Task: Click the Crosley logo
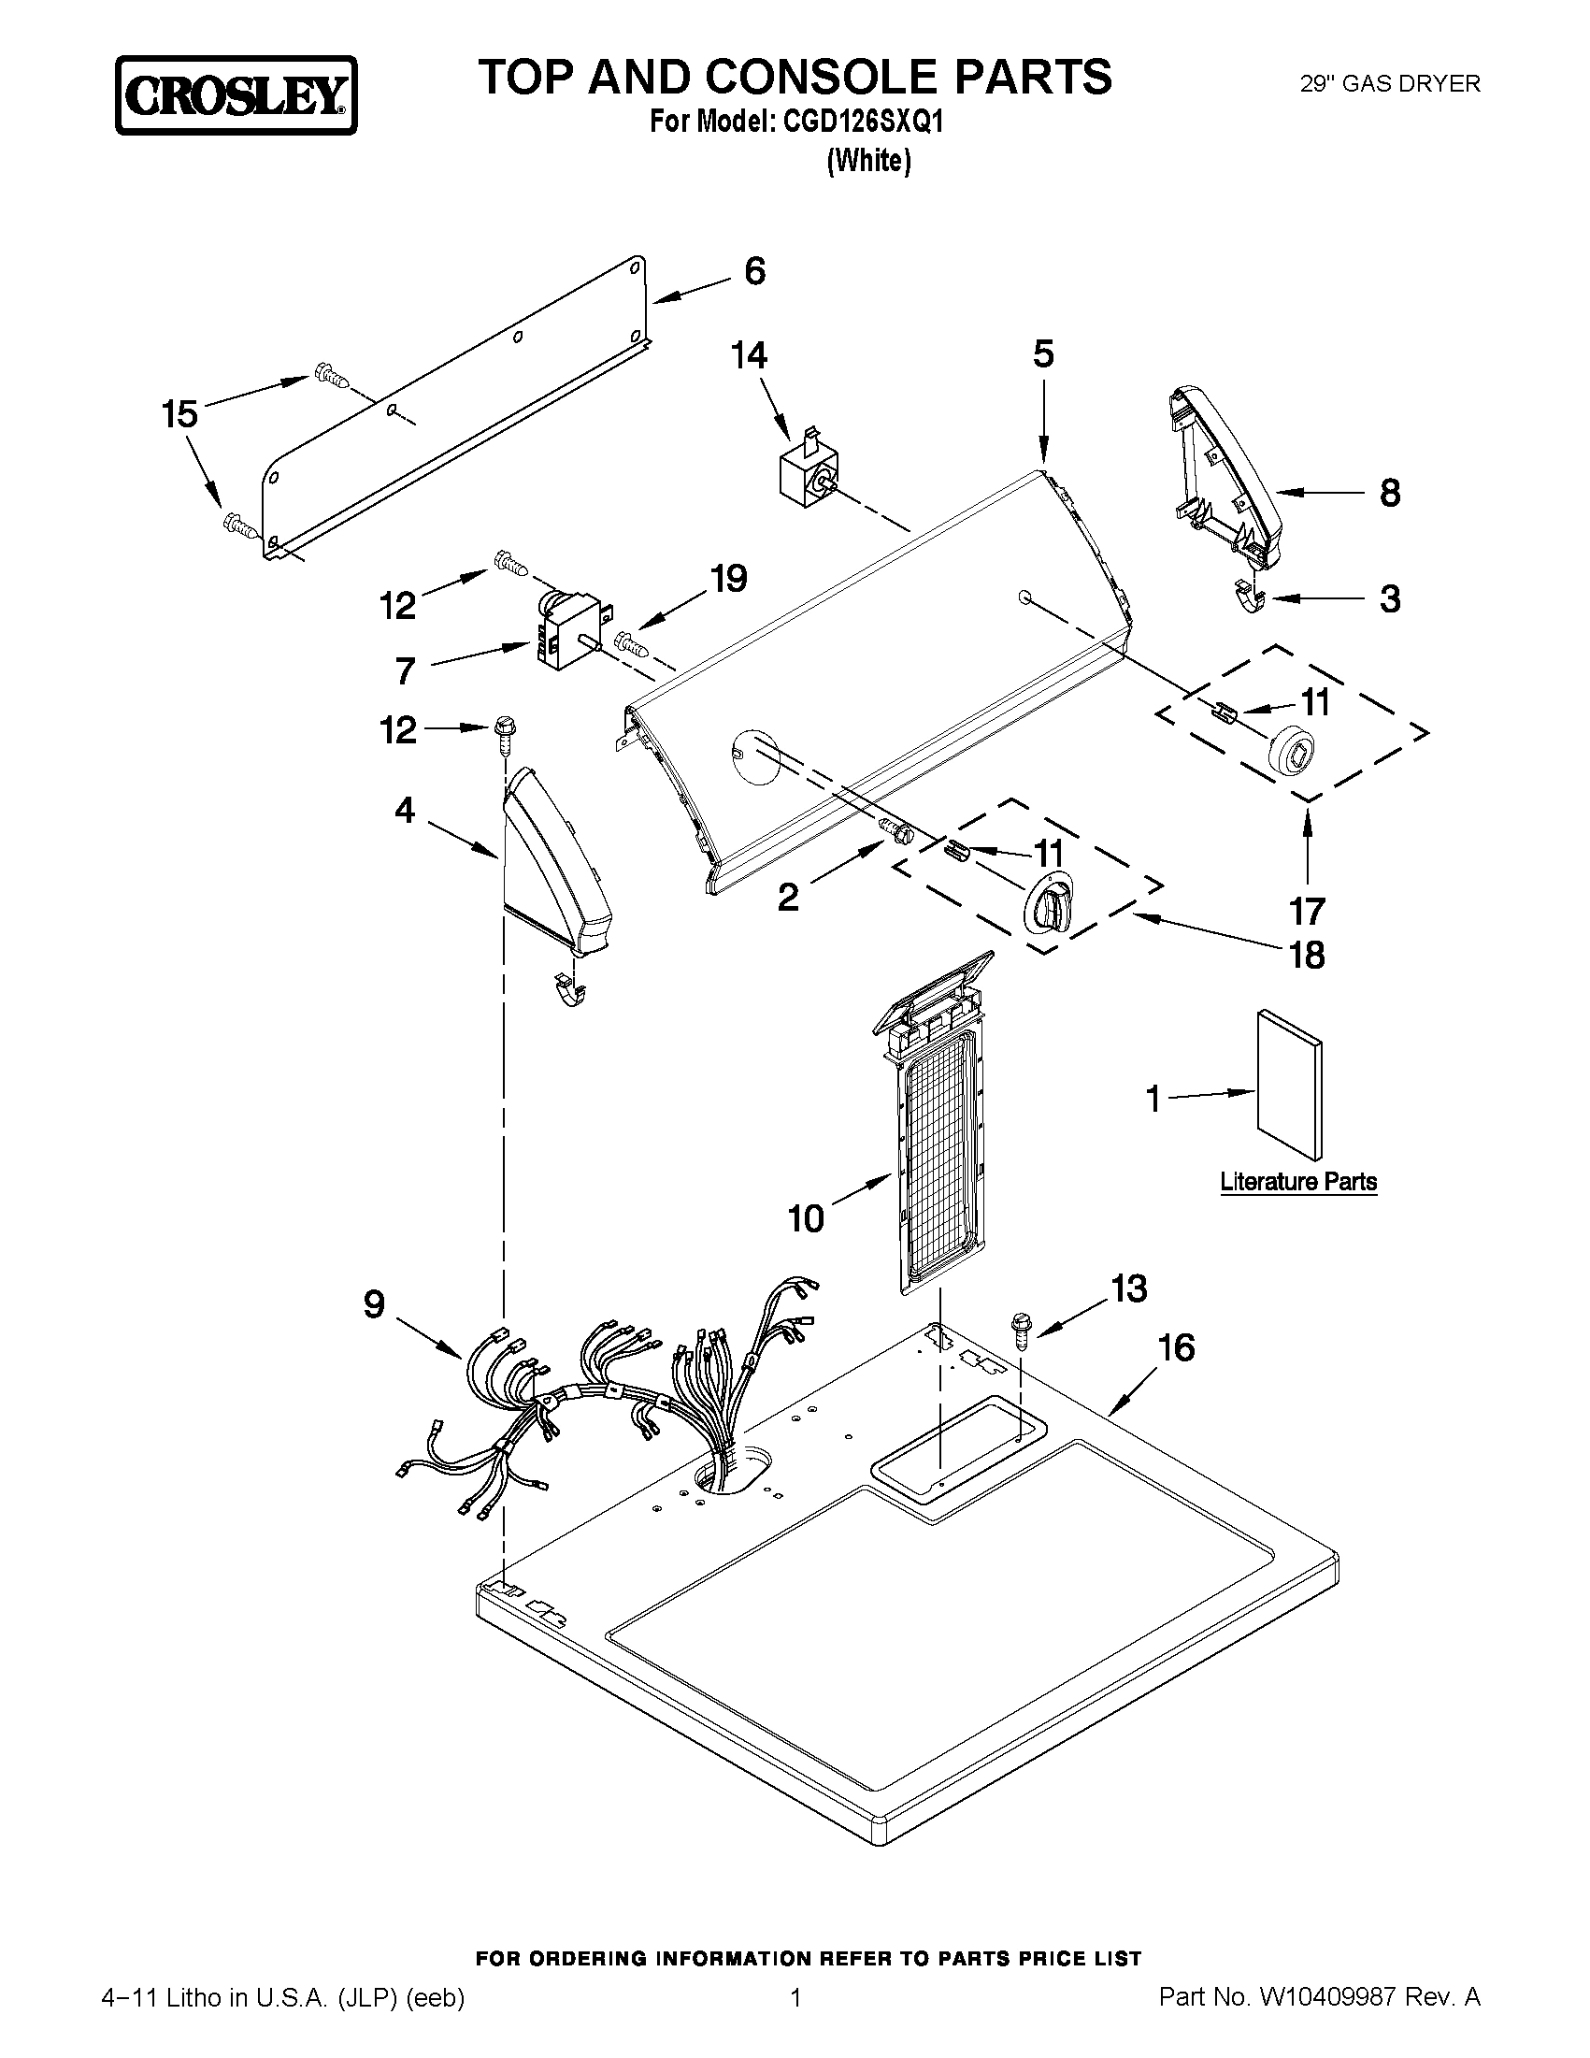[x=236, y=95]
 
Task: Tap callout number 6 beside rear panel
[x=754, y=271]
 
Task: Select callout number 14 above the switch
[x=749, y=355]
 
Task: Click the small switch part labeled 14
[x=803, y=474]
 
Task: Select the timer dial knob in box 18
[x=1049, y=904]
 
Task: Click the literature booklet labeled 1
[x=1289, y=1085]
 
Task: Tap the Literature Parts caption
[x=1298, y=1182]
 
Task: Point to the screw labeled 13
[x=1020, y=1331]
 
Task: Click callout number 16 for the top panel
[x=1176, y=1348]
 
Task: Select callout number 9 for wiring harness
[x=374, y=1304]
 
